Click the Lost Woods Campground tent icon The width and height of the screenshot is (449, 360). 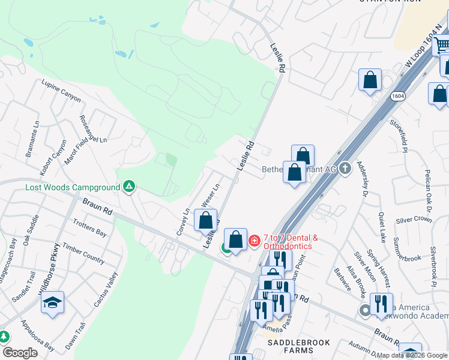(128, 187)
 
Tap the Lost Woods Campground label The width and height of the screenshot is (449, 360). (73, 187)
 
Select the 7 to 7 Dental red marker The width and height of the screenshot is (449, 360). (255, 241)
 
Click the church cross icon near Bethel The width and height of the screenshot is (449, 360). (345, 169)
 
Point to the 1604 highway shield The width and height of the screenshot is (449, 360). (397, 96)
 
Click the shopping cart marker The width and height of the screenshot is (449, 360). (442, 44)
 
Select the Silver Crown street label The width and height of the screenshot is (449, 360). (414, 219)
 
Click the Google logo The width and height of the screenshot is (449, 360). (20, 353)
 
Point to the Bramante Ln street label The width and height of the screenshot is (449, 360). (28, 142)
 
